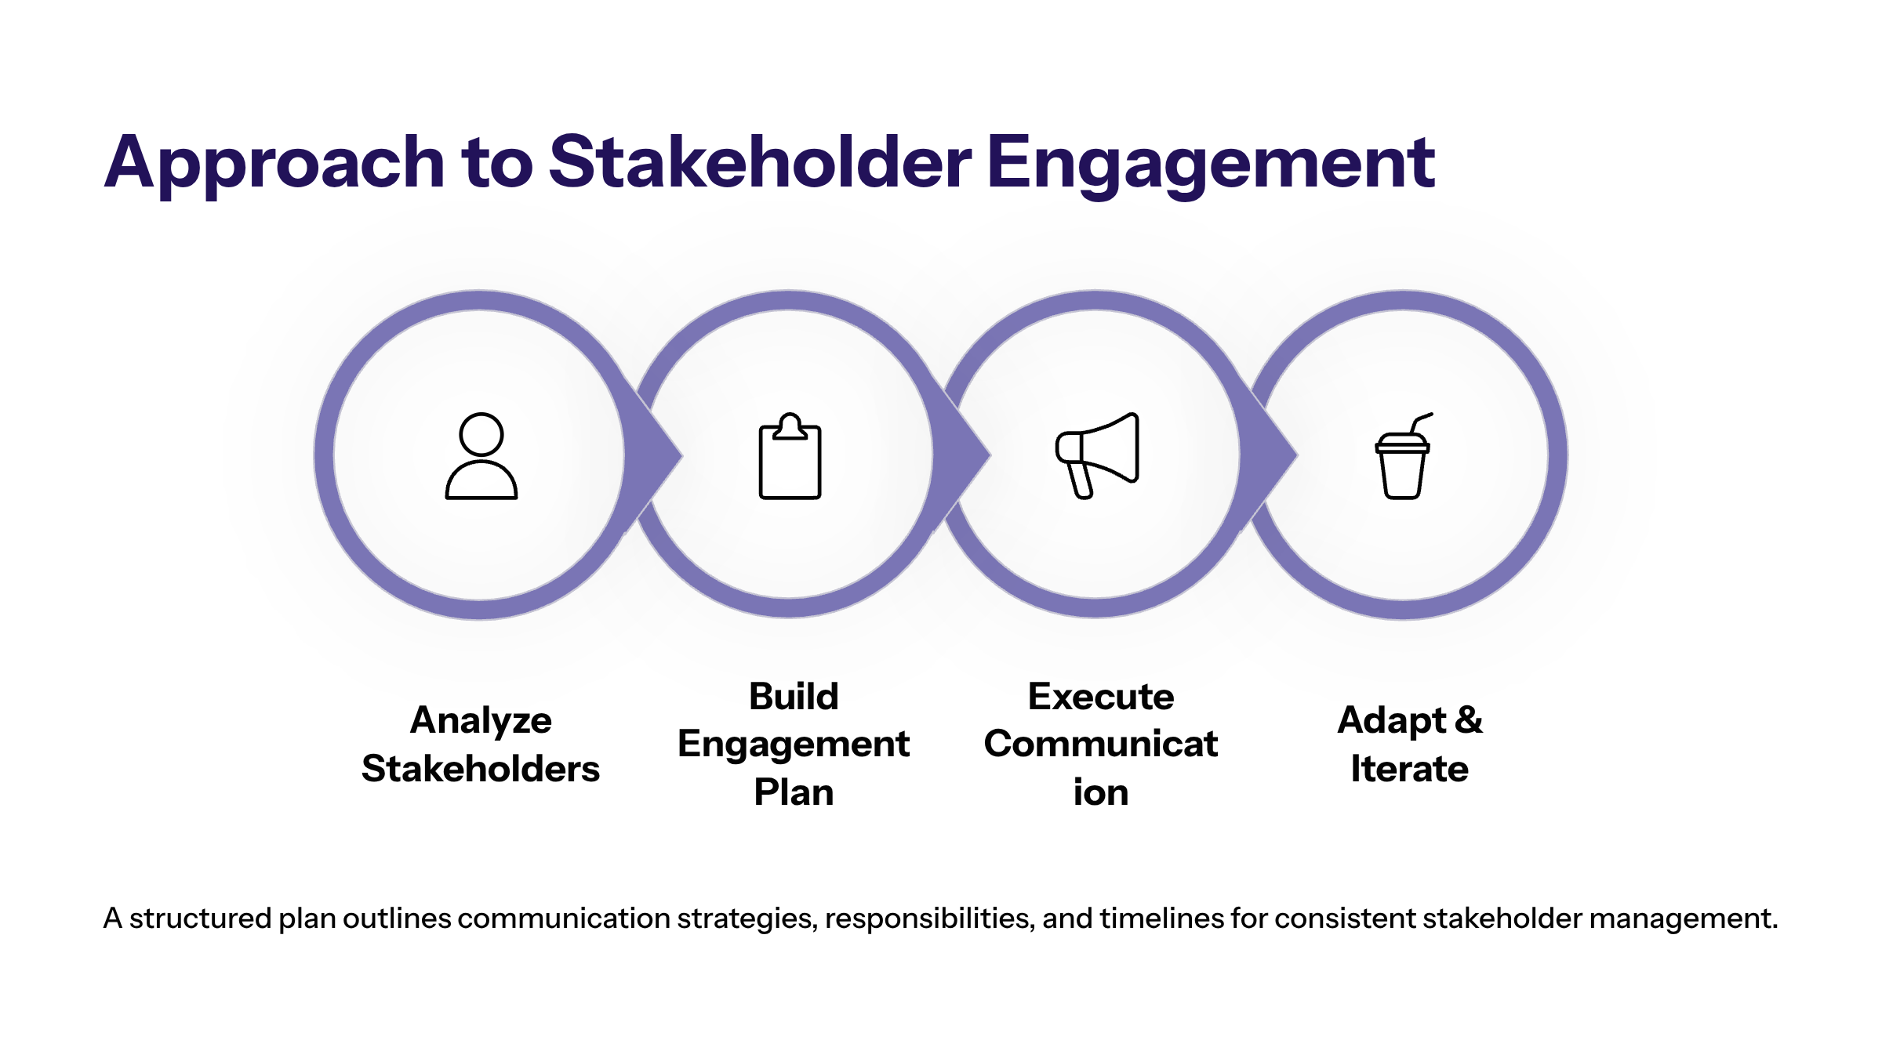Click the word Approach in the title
275,163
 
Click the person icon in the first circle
481,456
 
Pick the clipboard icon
790,456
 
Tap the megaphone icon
1097,455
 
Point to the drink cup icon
1403,456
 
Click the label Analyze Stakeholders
481,744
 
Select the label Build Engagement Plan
794,744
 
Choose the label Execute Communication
1101,744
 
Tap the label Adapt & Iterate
1410,744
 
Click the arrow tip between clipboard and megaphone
989,455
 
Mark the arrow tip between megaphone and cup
1296,455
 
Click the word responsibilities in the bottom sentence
929,919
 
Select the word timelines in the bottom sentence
1161,918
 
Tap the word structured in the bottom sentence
200,918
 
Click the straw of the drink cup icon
1420,423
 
